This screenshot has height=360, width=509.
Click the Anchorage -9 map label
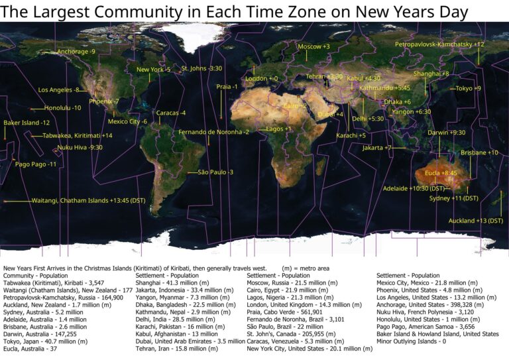pos(76,51)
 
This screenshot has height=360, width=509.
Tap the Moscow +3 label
pos(313,46)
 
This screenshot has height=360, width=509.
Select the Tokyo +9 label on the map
pos(468,88)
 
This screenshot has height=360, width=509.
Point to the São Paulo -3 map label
pos(216,172)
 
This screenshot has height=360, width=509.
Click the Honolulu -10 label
pos(63,107)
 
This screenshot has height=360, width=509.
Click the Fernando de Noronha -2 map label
pos(213,132)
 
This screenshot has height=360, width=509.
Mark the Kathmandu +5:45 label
pos(384,88)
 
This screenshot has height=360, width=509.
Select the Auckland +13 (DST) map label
pos(476,220)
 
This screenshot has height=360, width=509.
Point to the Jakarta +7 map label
pos(377,148)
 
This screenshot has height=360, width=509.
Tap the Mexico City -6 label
pos(127,121)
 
